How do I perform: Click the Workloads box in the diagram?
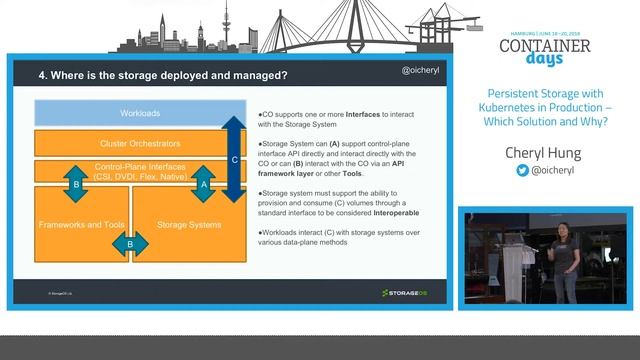(x=140, y=113)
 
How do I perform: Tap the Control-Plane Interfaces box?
(x=140, y=171)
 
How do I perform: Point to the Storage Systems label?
(x=189, y=224)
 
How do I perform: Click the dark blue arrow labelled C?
(x=233, y=159)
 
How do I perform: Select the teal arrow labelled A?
(x=204, y=184)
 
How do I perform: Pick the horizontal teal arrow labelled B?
(x=130, y=243)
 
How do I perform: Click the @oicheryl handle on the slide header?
(x=421, y=73)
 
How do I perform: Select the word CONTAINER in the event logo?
(x=544, y=46)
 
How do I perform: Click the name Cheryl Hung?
(x=551, y=152)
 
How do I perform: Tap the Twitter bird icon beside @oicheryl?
(x=521, y=171)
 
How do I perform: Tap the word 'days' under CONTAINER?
(x=545, y=64)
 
